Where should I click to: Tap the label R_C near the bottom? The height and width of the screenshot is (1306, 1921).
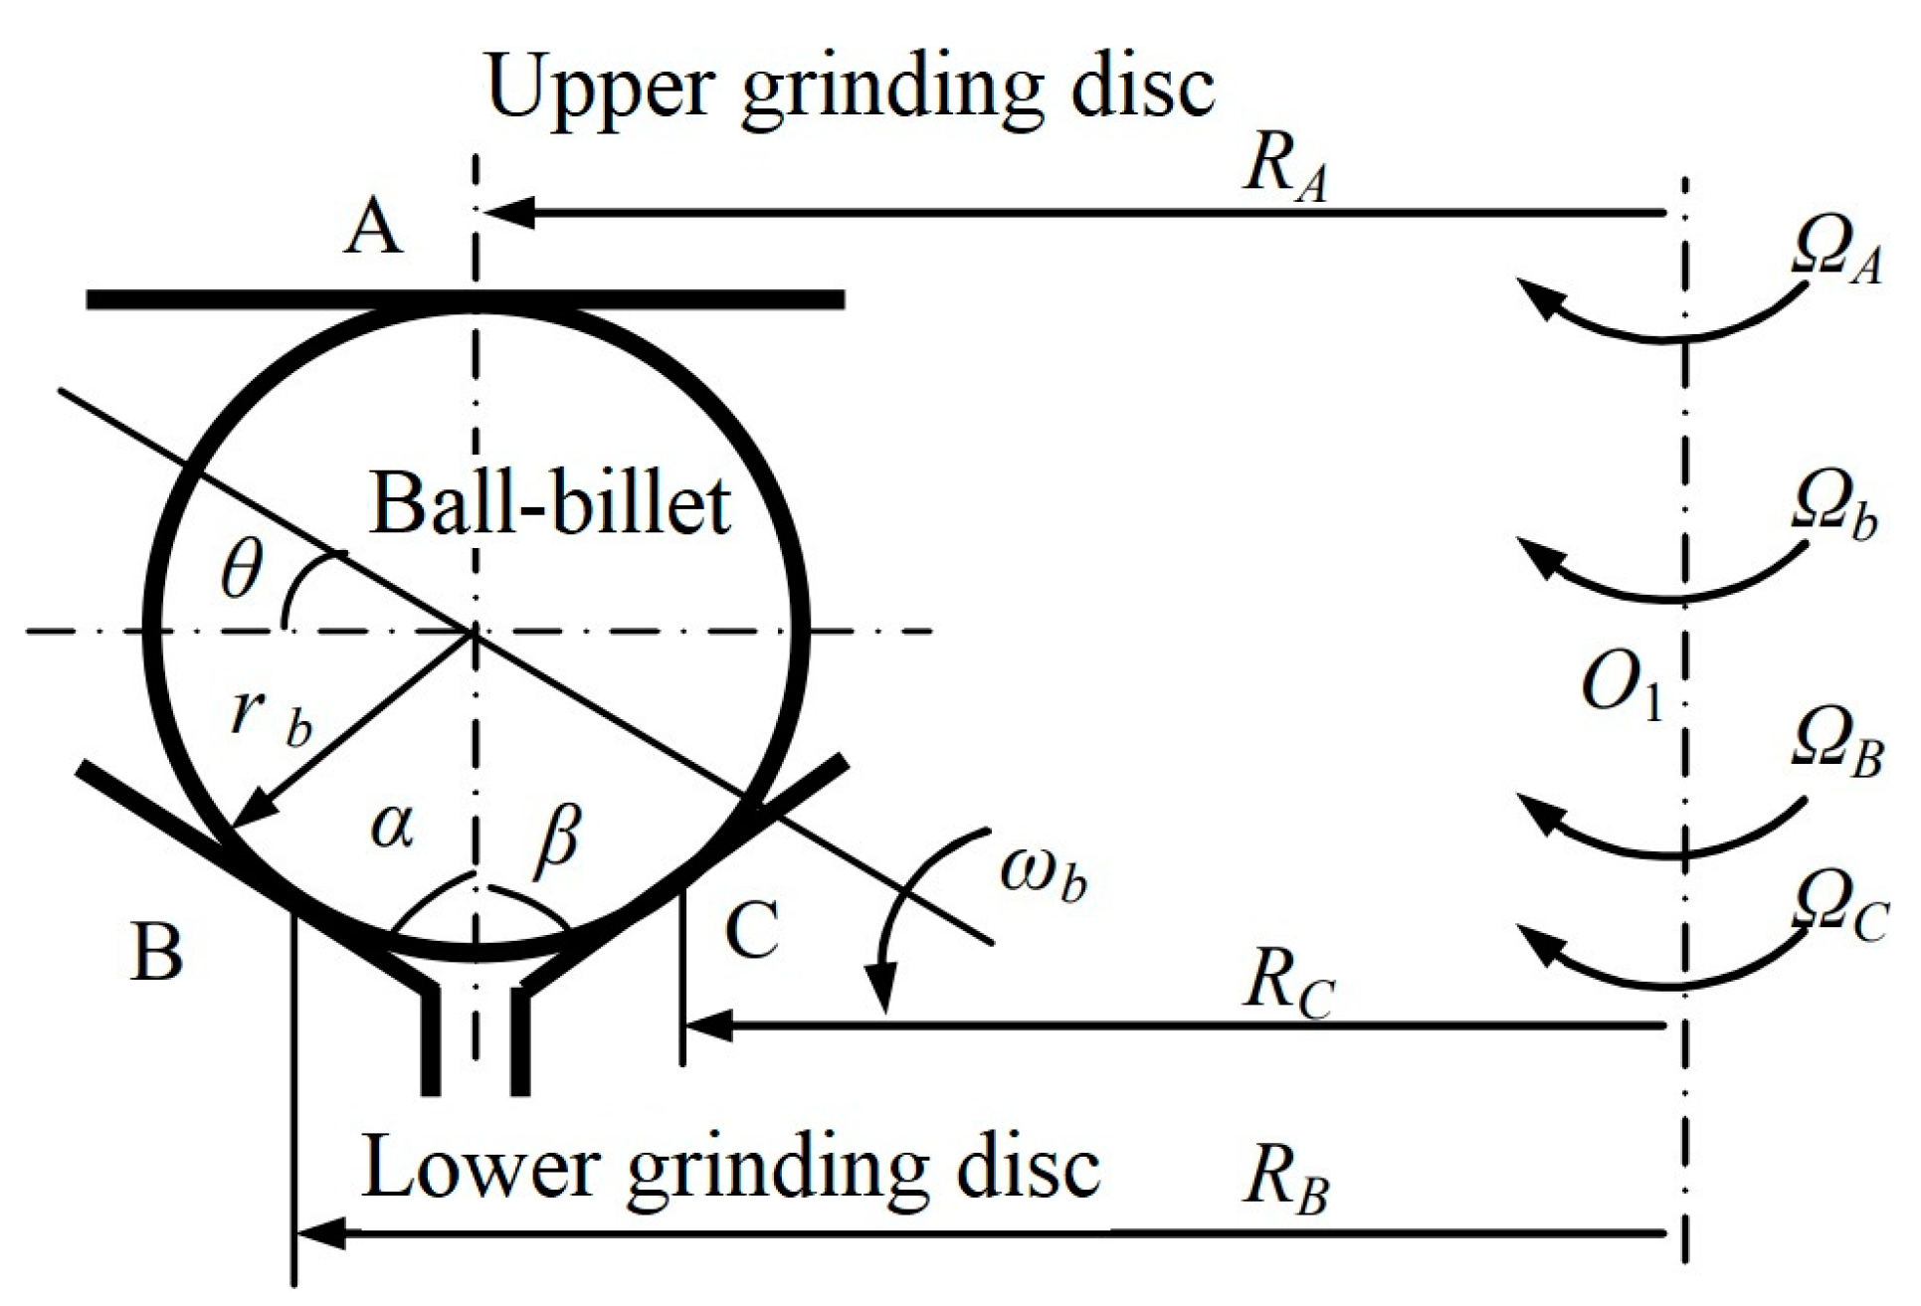1287,988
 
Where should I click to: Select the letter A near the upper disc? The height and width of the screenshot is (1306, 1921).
373,230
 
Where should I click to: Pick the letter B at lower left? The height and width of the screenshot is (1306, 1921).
157,952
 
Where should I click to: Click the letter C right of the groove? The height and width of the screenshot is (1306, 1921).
752,930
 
